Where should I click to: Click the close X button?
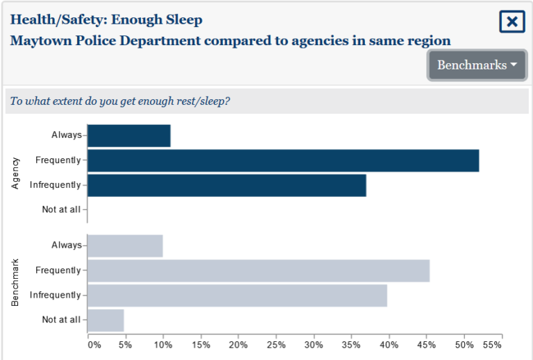pyautogui.click(x=511, y=22)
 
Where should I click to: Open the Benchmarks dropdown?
pyautogui.click(x=477, y=65)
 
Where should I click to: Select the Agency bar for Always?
pyautogui.click(x=129, y=135)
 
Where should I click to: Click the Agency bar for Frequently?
pyautogui.click(x=283, y=160)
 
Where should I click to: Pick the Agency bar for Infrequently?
pyautogui.click(x=227, y=185)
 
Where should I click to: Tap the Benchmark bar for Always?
pyautogui.click(x=125, y=246)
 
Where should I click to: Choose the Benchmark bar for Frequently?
pyautogui.click(x=258, y=271)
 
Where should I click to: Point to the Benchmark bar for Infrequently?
pyautogui.click(x=237, y=295)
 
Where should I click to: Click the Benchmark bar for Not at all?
pyautogui.click(x=105, y=320)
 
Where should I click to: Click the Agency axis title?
pyautogui.click(x=15, y=173)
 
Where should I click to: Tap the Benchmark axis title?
pyautogui.click(x=15, y=283)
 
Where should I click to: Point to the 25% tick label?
pyautogui.click(x=276, y=345)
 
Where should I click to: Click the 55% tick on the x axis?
pyautogui.click(x=491, y=345)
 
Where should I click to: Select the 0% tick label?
pyautogui.click(x=94, y=345)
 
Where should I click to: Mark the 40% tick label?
pyautogui.click(x=389, y=345)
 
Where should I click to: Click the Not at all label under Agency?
pyautogui.click(x=61, y=209)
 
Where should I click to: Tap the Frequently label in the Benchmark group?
pyautogui.click(x=58, y=271)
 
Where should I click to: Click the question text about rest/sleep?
pyautogui.click(x=120, y=101)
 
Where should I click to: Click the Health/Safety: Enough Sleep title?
pyautogui.click(x=106, y=19)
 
